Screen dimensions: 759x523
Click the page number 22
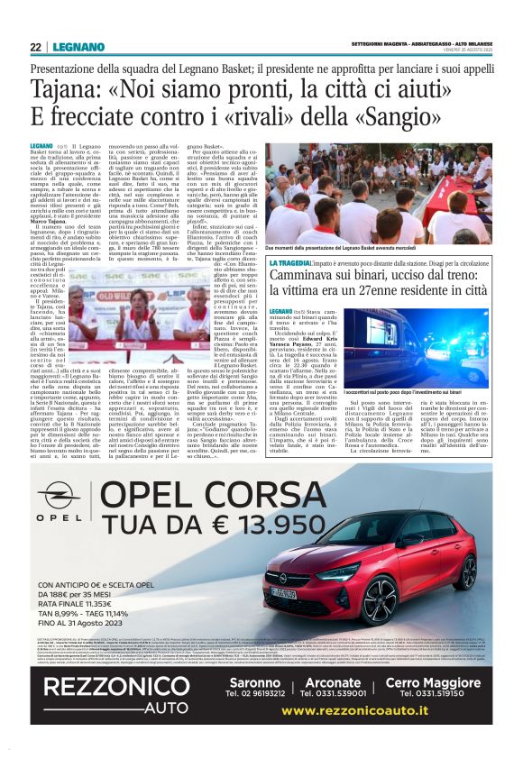35,47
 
